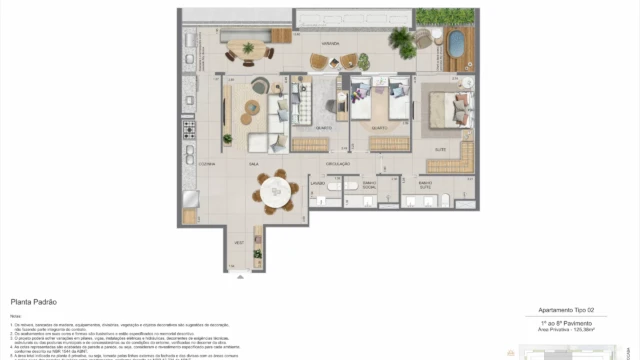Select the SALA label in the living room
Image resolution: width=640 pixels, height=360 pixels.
(x=253, y=162)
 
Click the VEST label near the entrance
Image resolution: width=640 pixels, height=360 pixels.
(x=239, y=243)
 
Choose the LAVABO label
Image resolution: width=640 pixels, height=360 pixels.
(x=317, y=183)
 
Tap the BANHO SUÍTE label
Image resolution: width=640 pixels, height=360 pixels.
(x=425, y=186)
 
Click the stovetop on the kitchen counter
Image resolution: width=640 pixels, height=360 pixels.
(x=189, y=136)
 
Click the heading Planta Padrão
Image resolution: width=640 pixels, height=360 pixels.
(x=32, y=300)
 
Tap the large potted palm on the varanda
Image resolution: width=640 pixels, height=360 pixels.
(x=401, y=40)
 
